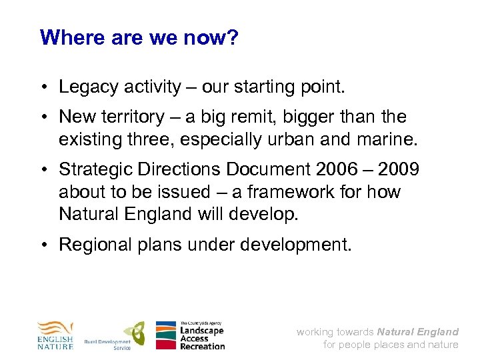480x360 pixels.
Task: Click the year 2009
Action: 397,169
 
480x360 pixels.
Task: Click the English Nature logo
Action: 55,335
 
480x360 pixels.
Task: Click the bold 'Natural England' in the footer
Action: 417,331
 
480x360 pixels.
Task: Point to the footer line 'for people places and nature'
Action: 391,345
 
